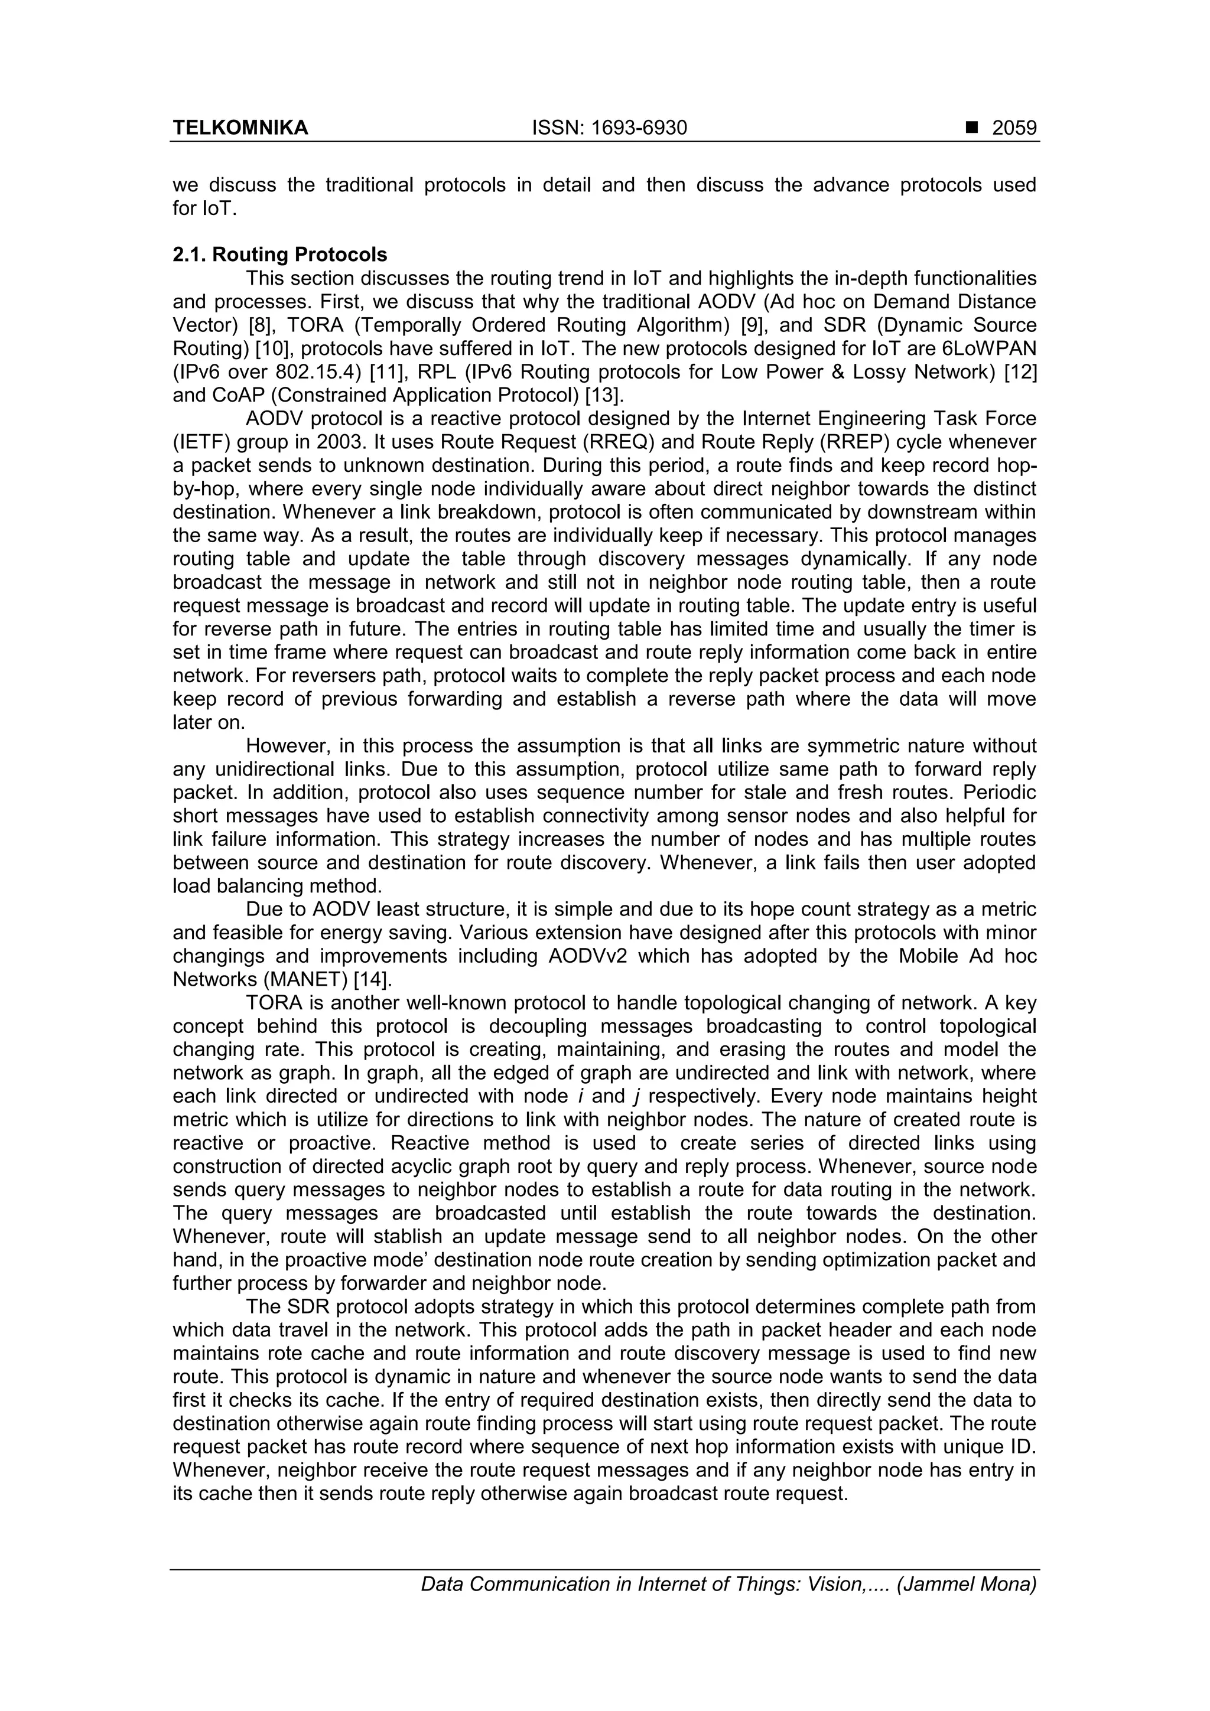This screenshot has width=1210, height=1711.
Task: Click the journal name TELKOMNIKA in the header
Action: pos(240,128)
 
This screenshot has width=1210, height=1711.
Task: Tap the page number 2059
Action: pos(1014,128)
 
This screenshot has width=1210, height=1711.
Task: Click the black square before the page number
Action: pos(971,128)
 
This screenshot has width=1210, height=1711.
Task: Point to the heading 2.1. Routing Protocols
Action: pos(279,255)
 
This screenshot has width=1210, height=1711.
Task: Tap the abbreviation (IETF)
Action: pos(201,442)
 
